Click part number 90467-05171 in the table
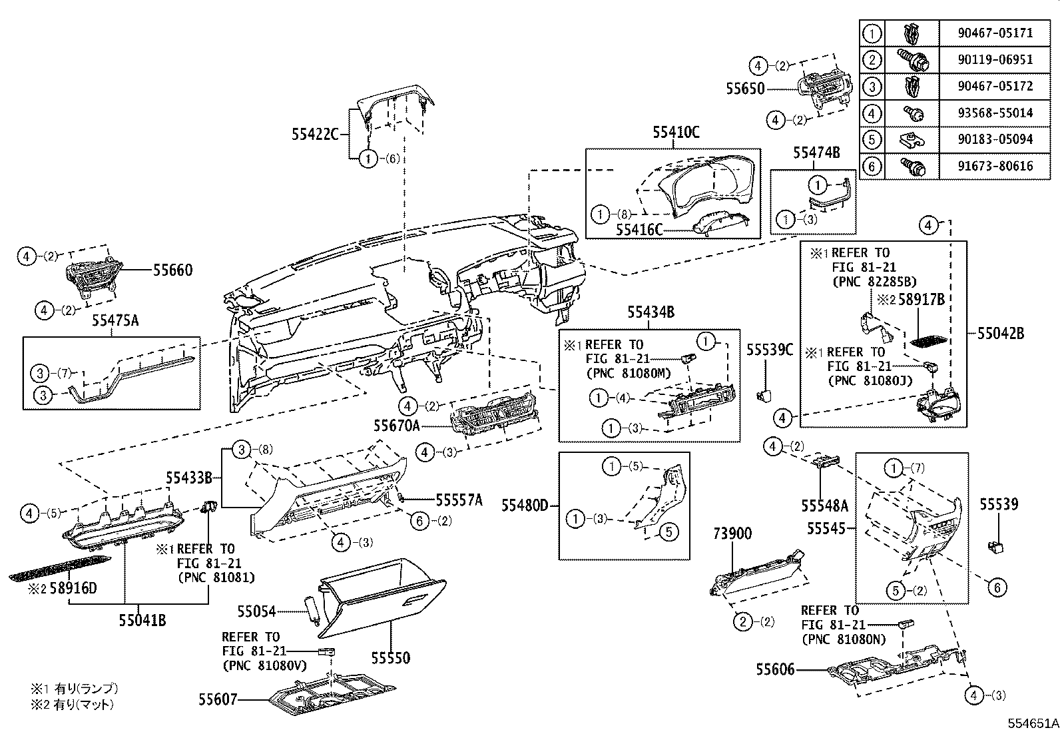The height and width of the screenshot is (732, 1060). (995, 33)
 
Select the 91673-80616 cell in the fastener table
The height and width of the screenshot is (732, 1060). (995, 166)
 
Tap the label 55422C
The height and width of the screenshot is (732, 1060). (315, 134)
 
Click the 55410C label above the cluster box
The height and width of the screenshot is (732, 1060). (676, 133)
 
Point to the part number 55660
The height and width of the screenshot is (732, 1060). (172, 270)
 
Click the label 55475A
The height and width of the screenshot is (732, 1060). (115, 320)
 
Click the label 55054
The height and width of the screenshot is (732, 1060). (257, 611)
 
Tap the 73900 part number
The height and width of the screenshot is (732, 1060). (732, 533)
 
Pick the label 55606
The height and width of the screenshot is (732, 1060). (775, 669)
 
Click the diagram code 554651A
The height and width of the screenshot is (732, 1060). (1031, 723)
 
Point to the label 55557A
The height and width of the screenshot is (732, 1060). (459, 500)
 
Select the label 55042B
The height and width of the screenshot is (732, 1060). (1000, 334)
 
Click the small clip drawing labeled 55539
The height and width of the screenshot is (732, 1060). (995, 548)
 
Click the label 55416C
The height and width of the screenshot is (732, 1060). (640, 229)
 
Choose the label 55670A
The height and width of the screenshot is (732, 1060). (397, 424)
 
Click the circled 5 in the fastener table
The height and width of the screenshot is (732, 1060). (872, 139)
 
